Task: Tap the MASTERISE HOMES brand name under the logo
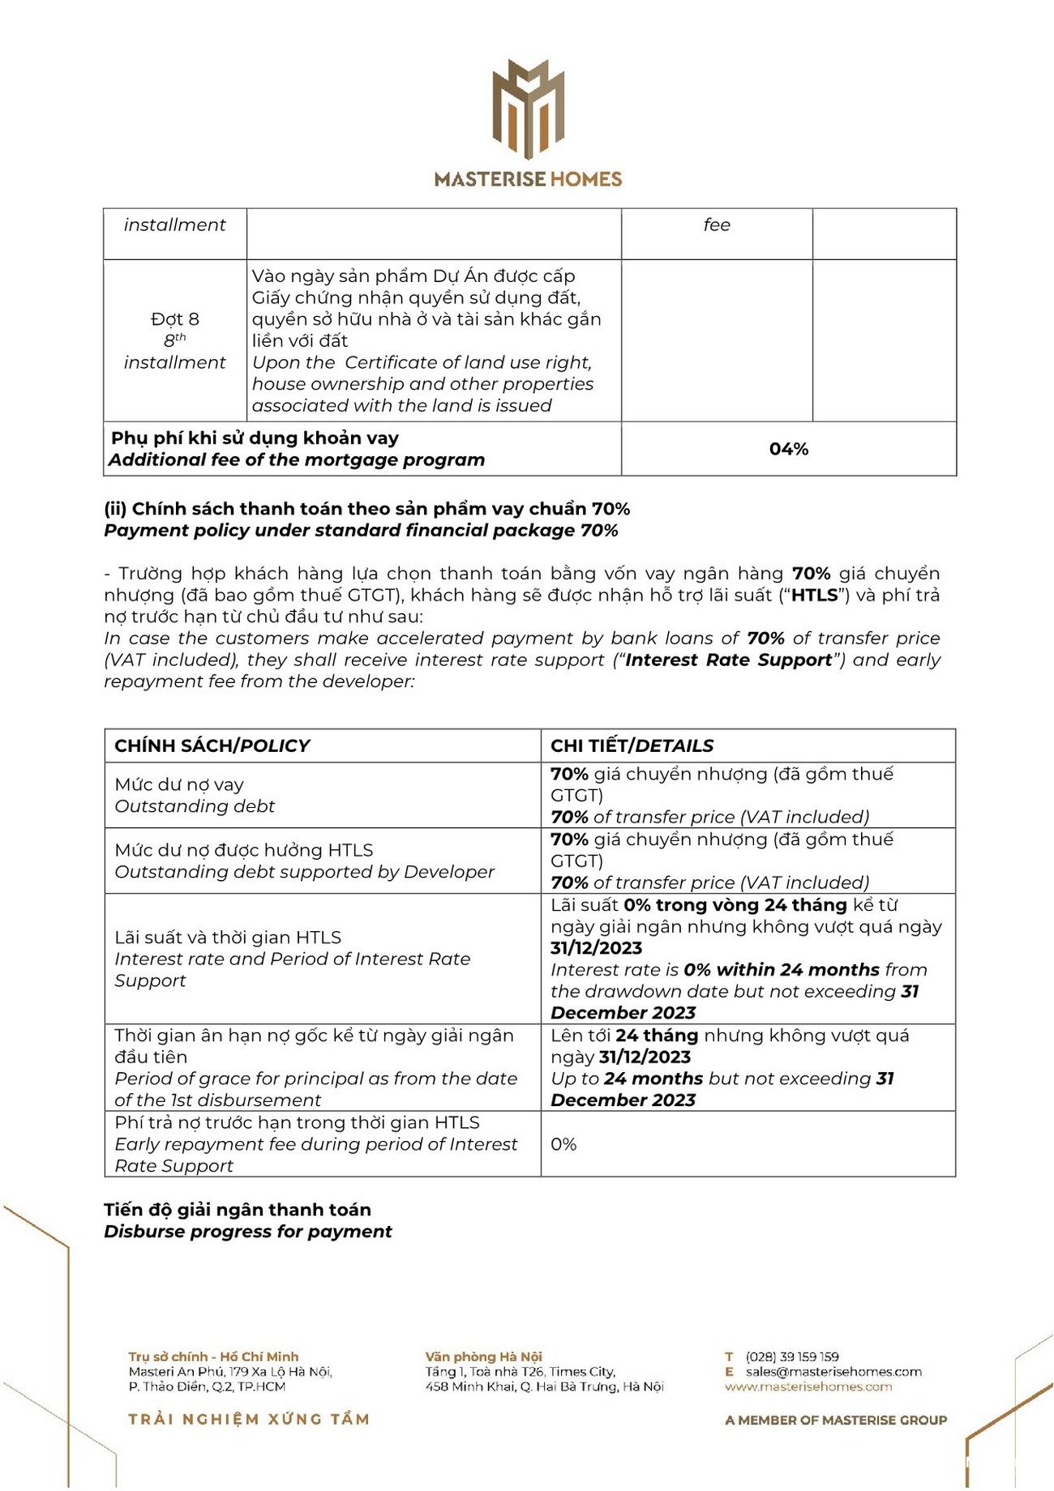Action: point(528,179)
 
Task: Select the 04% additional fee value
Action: point(788,449)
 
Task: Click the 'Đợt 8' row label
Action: point(174,319)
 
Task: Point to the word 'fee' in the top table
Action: point(717,225)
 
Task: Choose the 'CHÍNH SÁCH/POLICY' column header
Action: point(212,745)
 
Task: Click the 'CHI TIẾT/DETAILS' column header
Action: point(632,745)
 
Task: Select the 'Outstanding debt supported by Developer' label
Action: point(304,872)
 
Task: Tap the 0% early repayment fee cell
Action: point(563,1144)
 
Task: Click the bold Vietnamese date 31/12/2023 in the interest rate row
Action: point(596,948)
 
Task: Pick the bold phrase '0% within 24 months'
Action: point(782,970)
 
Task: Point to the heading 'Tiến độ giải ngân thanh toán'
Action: point(238,1210)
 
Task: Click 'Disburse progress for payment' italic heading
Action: point(248,1232)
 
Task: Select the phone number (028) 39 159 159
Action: point(792,1356)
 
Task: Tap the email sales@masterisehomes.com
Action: point(833,1372)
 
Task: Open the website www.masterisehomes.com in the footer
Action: point(808,1386)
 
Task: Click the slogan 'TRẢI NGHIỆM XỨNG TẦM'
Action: point(249,1419)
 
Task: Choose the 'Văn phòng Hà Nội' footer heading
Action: point(483,1356)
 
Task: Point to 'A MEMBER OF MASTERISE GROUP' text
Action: point(836,1420)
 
